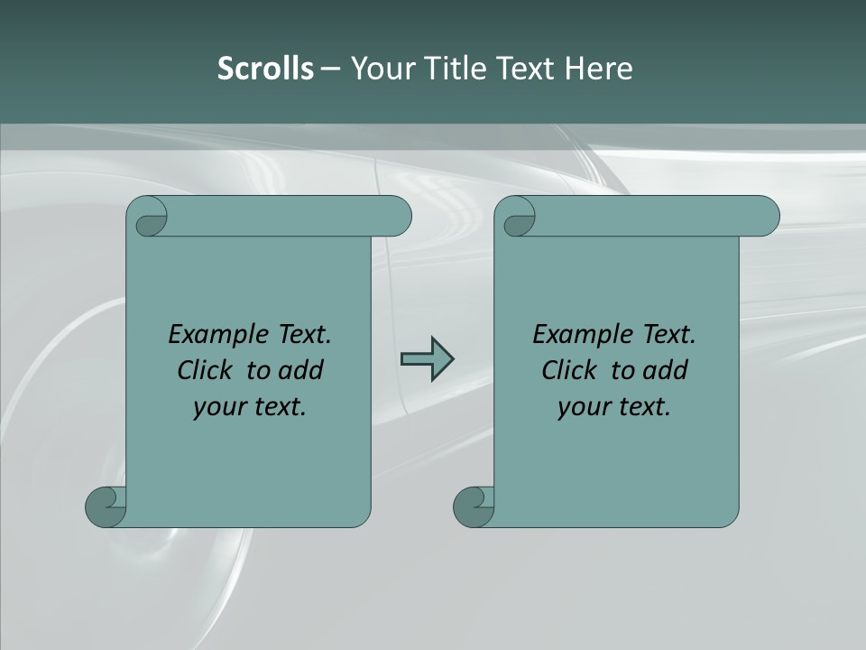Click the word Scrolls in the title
tap(265, 69)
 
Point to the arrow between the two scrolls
tap(427, 359)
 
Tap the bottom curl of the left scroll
tap(106, 506)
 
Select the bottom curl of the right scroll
tap(474, 506)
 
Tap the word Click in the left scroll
tap(198, 370)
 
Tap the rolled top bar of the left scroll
tap(289, 216)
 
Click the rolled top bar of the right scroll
tap(657, 216)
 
